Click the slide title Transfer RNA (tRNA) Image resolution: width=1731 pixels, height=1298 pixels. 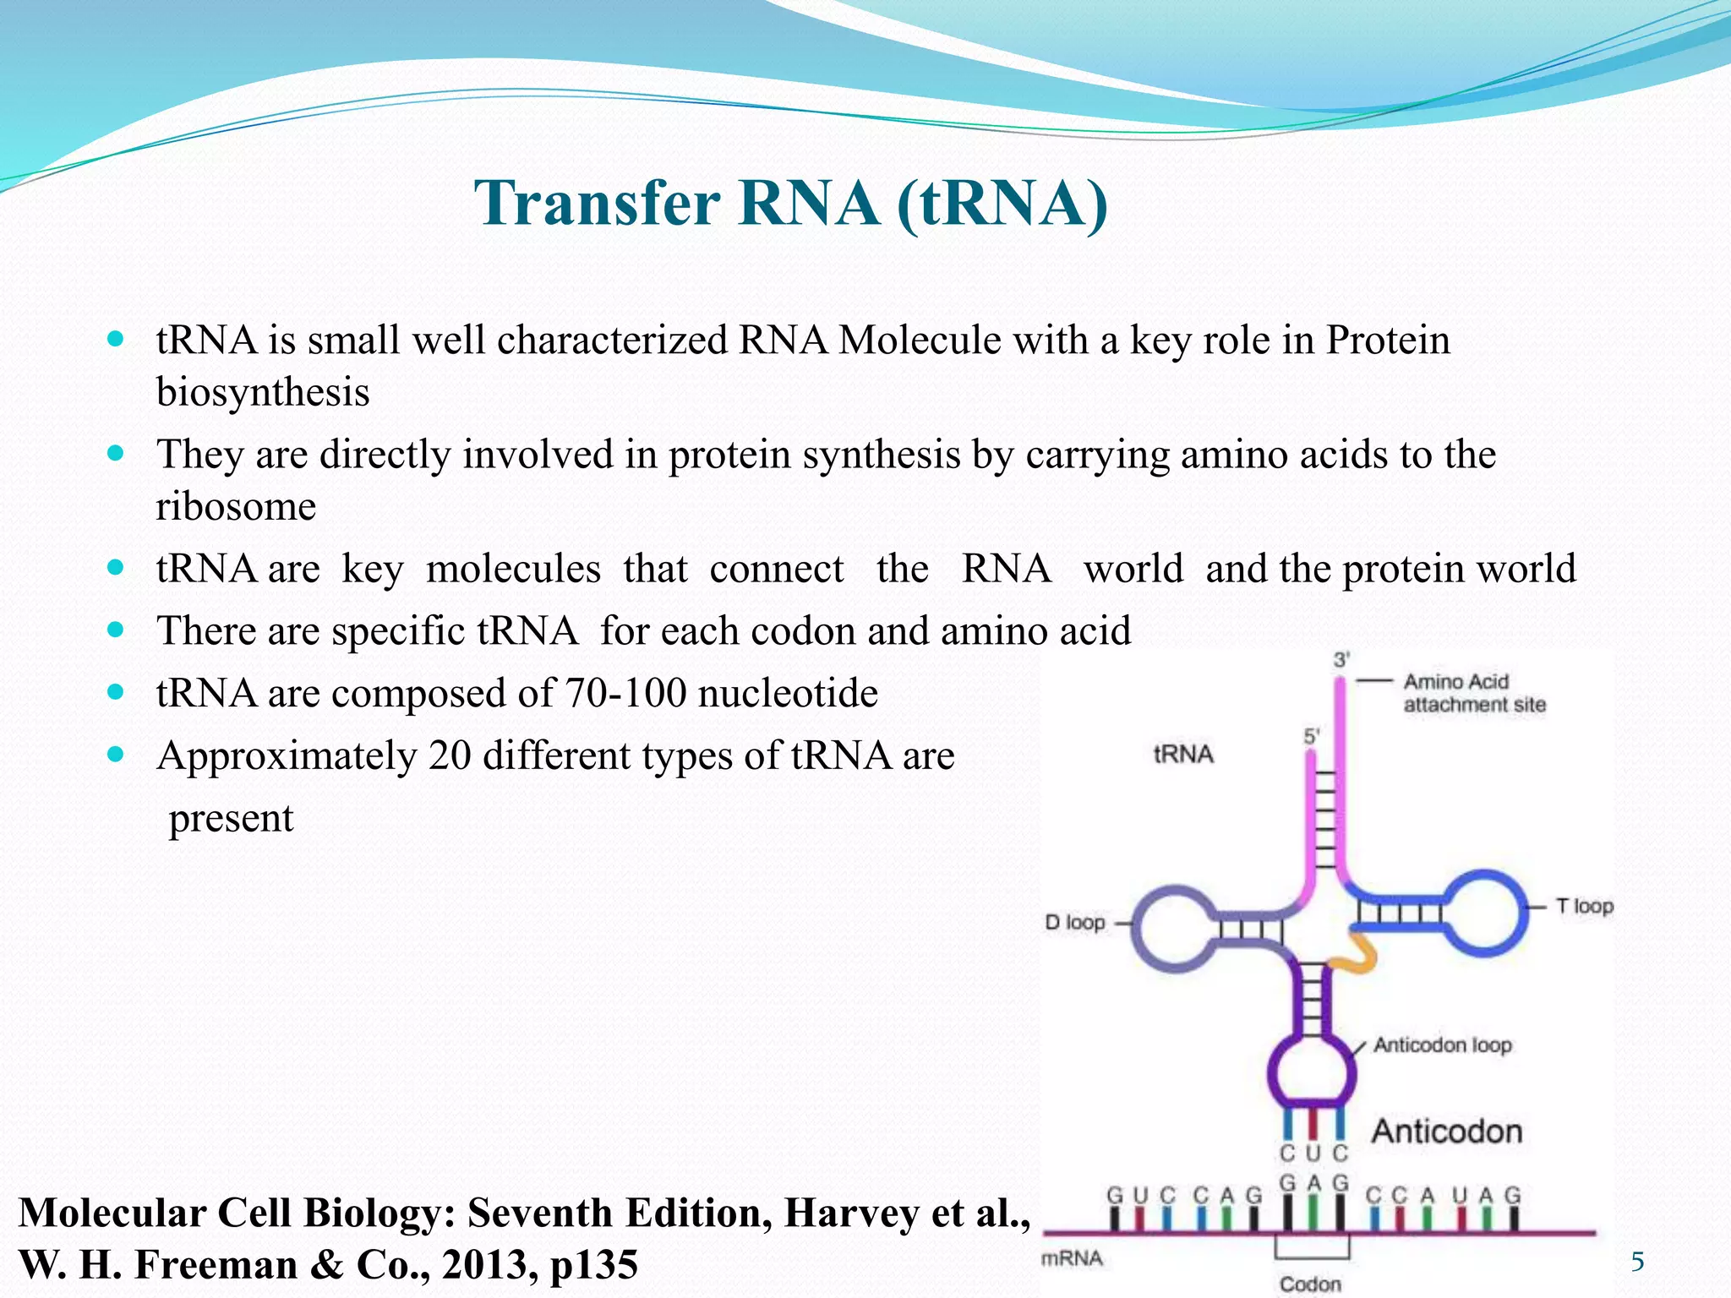coord(790,204)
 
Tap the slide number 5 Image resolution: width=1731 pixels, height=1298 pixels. coord(1637,1262)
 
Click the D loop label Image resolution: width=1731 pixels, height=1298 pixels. coord(1074,922)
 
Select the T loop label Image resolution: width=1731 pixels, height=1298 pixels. coord(1584,906)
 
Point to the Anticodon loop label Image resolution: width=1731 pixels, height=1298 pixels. coord(1442,1045)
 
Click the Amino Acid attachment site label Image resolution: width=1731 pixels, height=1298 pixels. coord(1473,693)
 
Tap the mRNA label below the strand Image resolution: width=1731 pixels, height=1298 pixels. coord(1072,1258)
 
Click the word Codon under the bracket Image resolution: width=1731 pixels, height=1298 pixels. coord(1310,1284)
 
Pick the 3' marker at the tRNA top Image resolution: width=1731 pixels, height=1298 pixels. coord(1341,659)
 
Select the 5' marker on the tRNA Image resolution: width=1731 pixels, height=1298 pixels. coord(1311,736)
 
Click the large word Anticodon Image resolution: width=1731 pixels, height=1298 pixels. coord(1446,1131)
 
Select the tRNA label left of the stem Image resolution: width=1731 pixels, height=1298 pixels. coord(1182,754)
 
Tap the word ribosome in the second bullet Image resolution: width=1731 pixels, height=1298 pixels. coord(236,506)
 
